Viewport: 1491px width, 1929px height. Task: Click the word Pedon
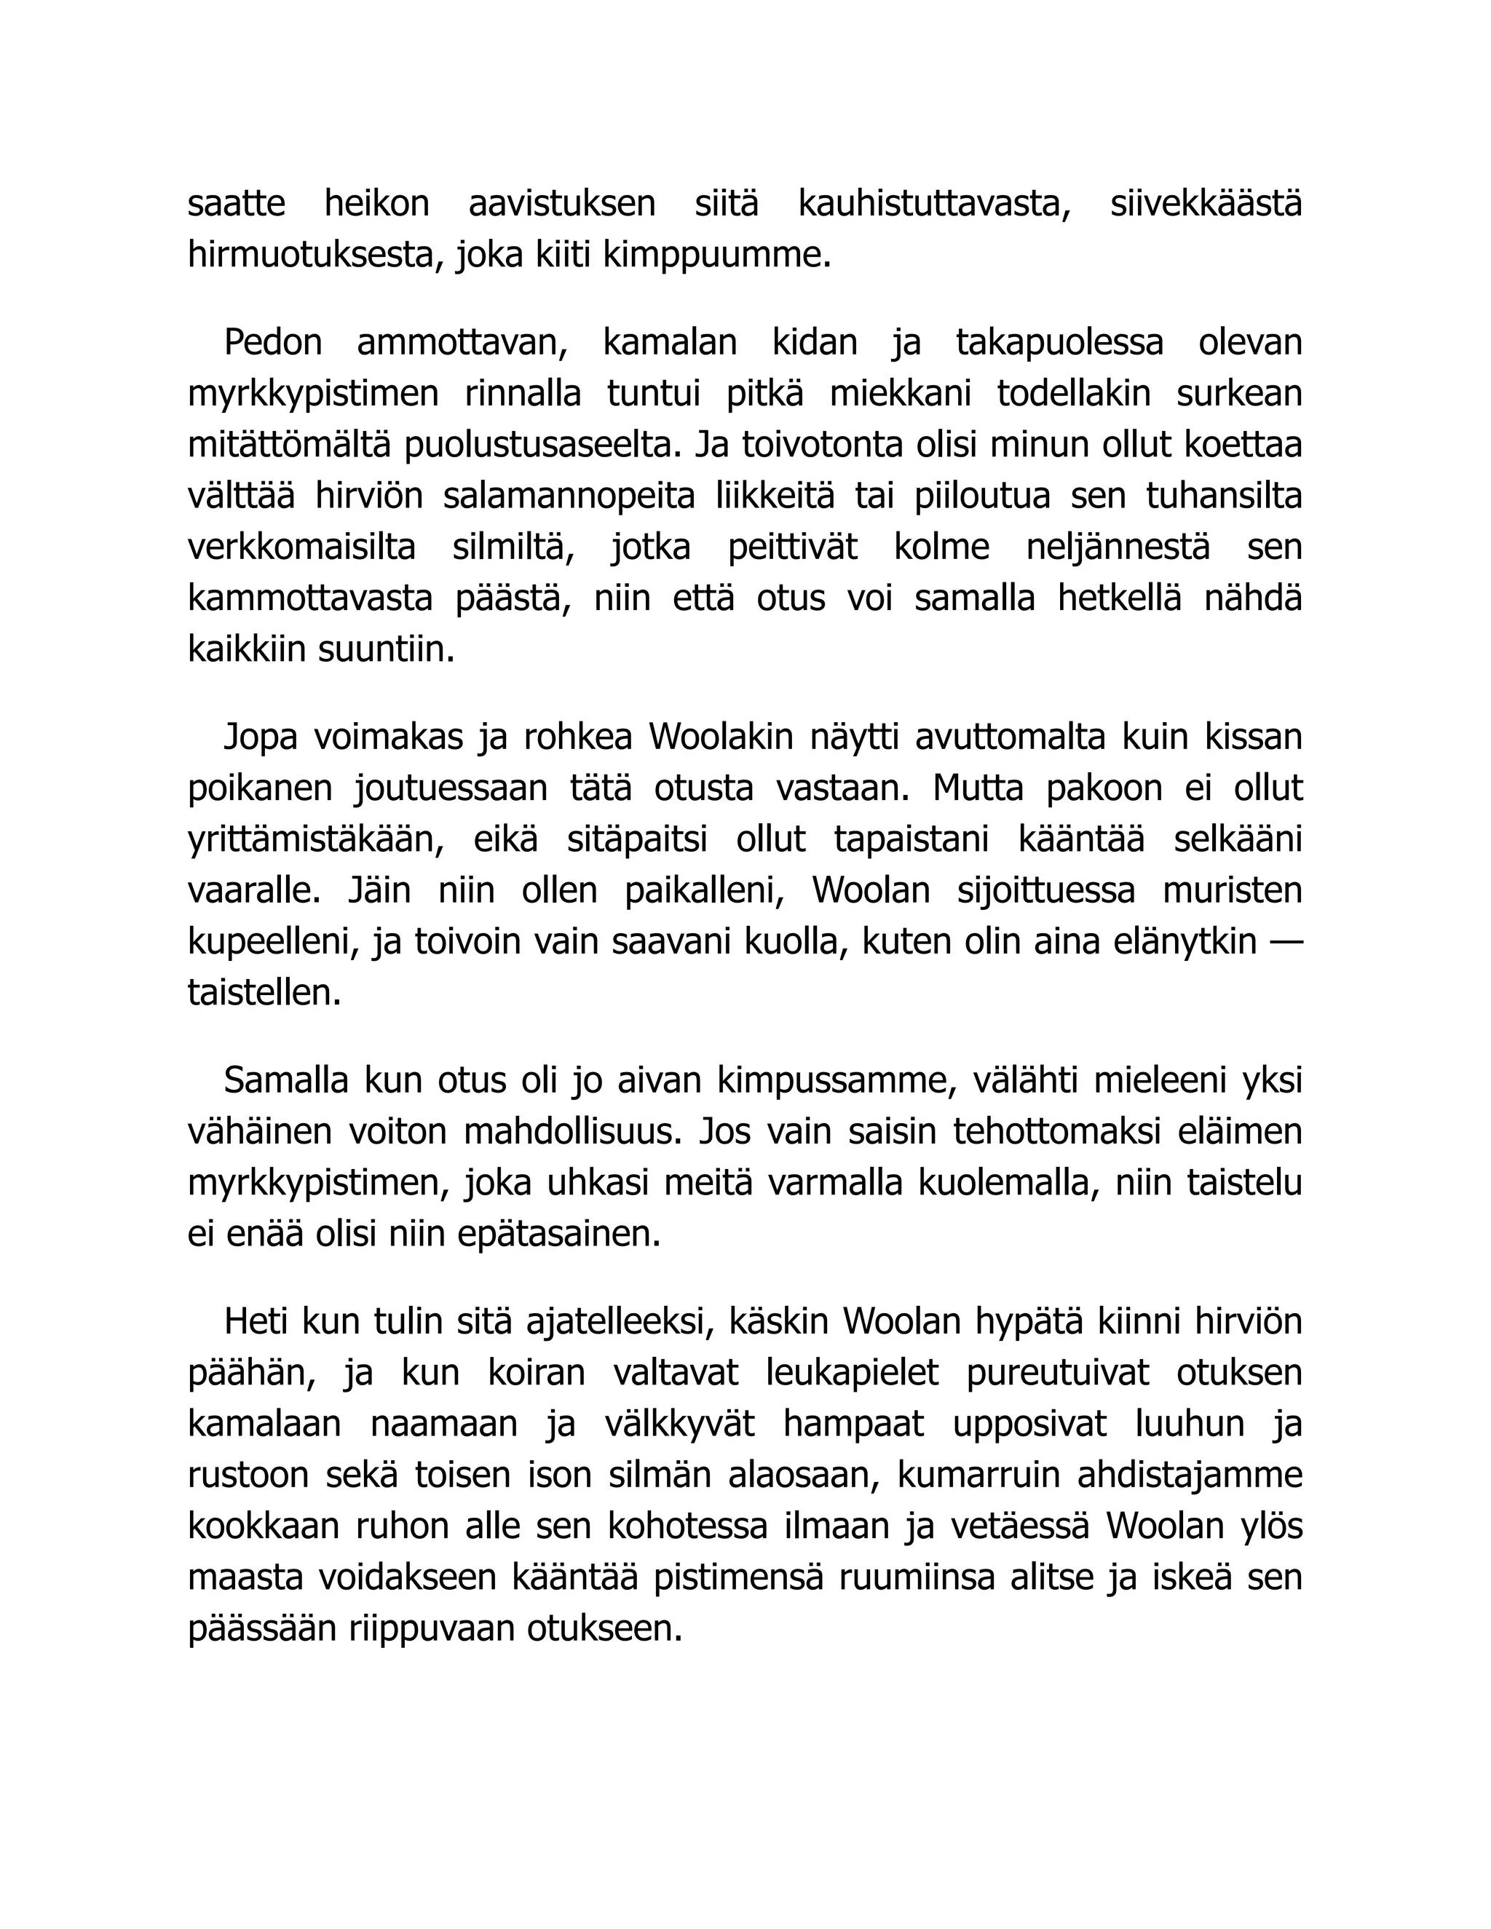(273, 343)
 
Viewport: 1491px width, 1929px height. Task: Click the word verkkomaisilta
(301, 547)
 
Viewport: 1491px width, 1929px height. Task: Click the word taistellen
(264, 994)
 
